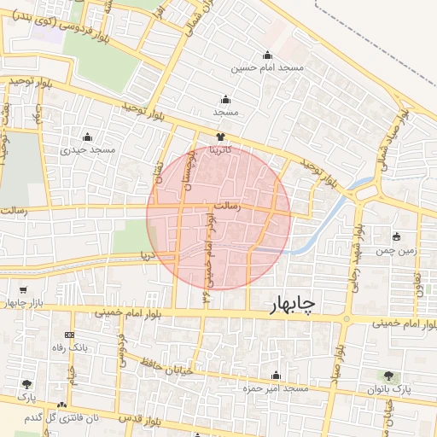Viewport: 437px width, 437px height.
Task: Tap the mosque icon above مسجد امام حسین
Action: pyautogui.click(x=268, y=54)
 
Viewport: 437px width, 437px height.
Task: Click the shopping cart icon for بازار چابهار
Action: pyautogui.click(x=22, y=290)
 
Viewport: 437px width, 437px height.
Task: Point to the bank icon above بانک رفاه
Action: pyautogui.click(x=69, y=335)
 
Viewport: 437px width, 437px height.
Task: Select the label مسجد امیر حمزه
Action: pyautogui.click(x=276, y=388)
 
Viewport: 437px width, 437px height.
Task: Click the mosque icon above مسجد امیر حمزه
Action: pyautogui.click(x=275, y=375)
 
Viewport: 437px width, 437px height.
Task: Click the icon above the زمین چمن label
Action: pyautogui.click(x=396, y=236)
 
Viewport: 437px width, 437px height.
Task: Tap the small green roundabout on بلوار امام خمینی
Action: pyautogui.click(x=347, y=319)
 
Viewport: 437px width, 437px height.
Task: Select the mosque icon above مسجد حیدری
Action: pyautogui.click(x=86, y=137)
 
